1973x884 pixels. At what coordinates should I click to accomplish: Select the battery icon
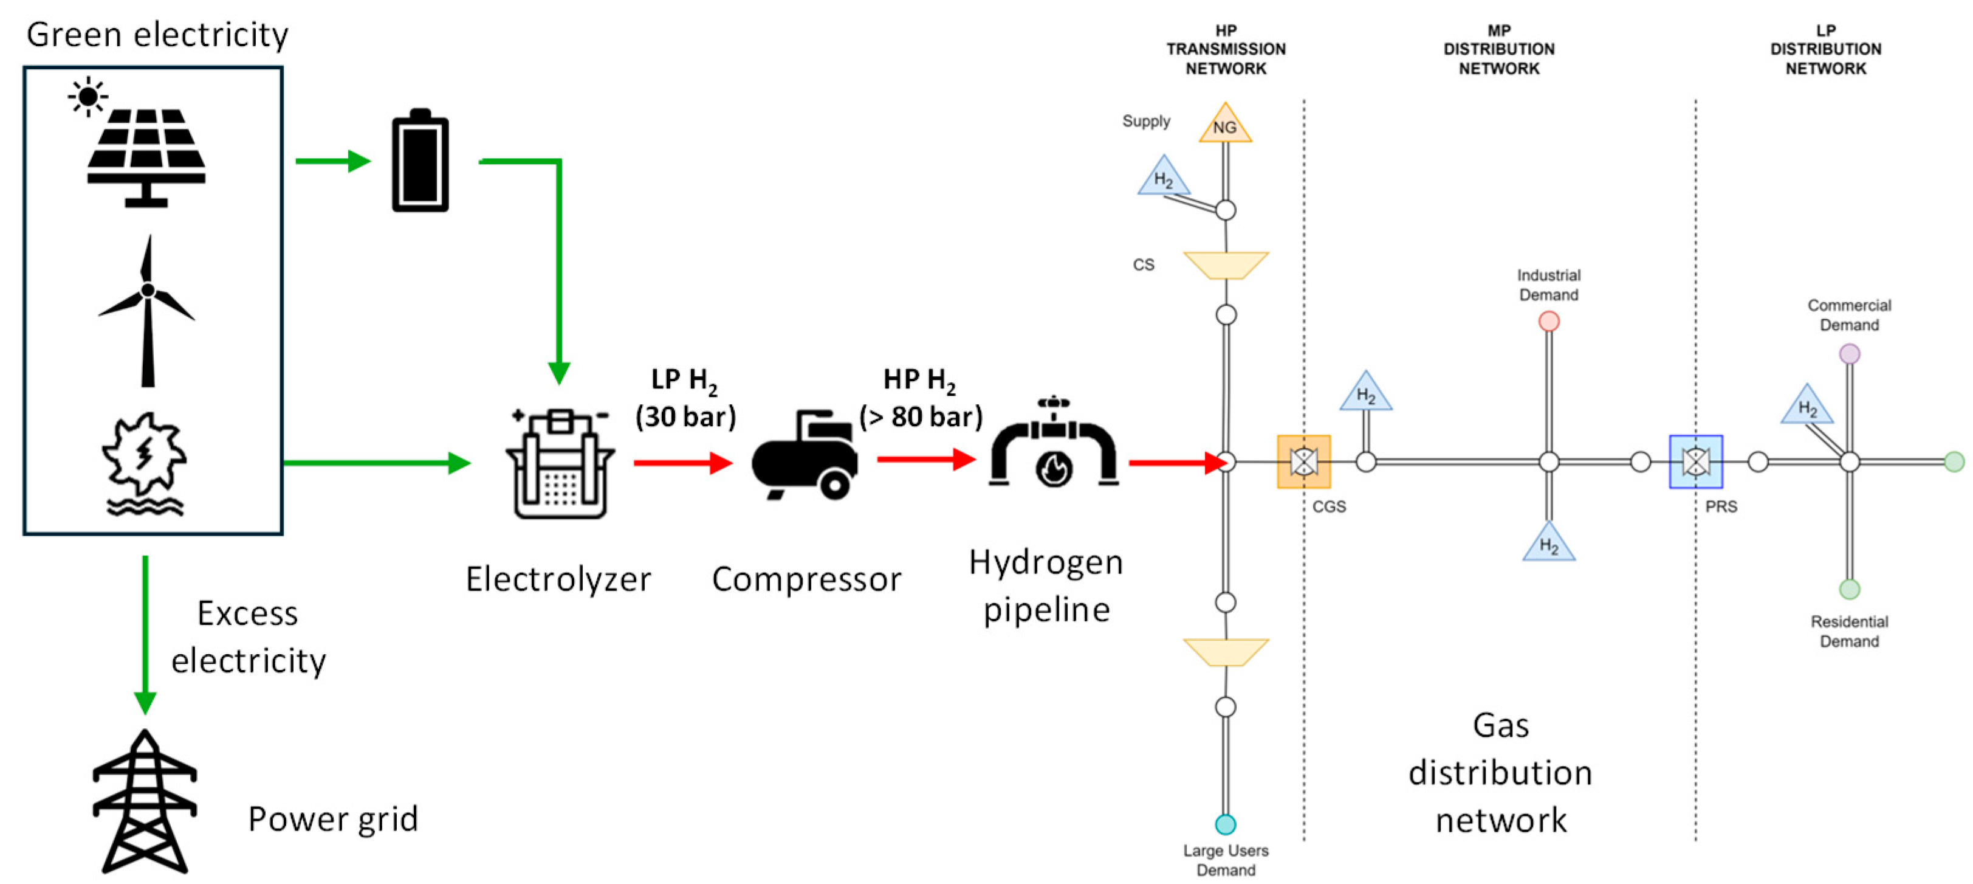(x=420, y=161)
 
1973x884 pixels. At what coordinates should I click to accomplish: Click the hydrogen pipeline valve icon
(x=1053, y=444)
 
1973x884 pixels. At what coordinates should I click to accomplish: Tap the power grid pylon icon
(x=145, y=801)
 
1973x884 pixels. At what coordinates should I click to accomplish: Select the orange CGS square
(x=1303, y=462)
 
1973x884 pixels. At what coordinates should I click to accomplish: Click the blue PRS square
(x=1696, y=462)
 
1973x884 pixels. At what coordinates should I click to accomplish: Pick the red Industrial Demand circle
(x=1549, y=321)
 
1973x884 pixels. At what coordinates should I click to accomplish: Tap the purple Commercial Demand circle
(x=1849, y=354)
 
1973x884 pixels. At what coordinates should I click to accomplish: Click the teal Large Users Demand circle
(x=1226, y=824)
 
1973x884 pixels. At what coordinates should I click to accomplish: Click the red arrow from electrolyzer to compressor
(x=682, y=463)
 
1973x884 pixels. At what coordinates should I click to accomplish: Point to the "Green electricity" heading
(x=157, y=35)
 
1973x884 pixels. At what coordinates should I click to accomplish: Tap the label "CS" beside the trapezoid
(x=1143, y=265)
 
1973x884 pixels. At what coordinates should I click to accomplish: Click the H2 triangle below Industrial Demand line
(x=1549, y=544)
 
